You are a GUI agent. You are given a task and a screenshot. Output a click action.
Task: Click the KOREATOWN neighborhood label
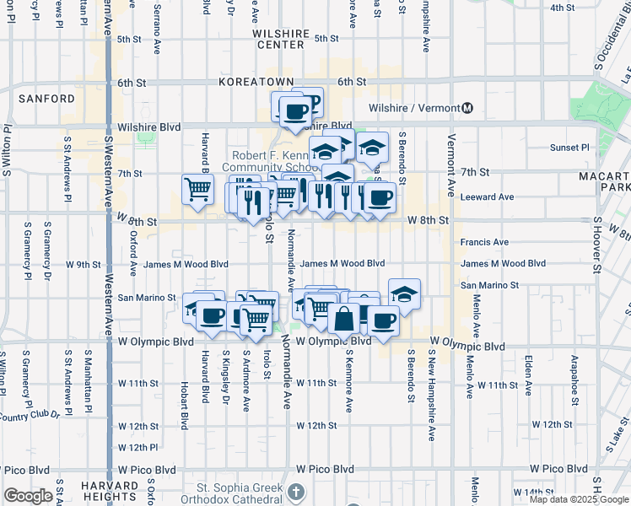256,82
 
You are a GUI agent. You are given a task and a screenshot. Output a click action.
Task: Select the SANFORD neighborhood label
46,99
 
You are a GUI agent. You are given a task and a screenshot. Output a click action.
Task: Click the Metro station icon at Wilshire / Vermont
467,108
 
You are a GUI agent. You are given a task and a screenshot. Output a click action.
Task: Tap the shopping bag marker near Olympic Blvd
344,319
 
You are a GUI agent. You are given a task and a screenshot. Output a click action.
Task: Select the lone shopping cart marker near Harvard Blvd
197,188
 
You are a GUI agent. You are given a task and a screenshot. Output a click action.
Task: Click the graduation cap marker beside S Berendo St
405,293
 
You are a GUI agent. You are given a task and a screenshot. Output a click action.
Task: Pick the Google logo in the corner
29,497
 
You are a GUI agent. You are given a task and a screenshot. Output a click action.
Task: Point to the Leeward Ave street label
487,197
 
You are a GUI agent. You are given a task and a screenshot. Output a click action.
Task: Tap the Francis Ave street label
484,242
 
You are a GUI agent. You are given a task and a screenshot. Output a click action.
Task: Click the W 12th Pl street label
138,447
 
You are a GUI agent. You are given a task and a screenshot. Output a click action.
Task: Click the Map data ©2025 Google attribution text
578,498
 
